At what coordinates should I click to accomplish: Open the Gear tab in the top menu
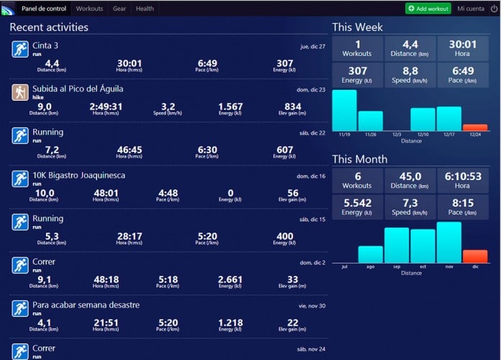tap(119, 9)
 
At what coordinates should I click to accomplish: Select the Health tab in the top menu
tap(145, 9)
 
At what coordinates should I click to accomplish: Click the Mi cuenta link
tap(471, 9)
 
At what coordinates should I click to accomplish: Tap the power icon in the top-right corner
tap(493, 9)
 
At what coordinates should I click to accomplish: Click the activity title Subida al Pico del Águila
tap(78, 89)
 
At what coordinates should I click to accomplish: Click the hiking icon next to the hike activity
tap(19, 92)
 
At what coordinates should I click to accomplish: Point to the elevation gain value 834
tap(293, 107)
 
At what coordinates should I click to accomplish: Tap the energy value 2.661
tap(230, 279)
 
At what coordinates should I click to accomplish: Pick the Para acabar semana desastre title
tap(86, 305)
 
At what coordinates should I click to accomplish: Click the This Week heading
tap(357, 27)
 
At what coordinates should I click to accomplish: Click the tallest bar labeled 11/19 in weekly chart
tap(344, 109)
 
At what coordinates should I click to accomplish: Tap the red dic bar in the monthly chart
tap(474, 256)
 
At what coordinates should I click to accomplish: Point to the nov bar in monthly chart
tap(448, 243)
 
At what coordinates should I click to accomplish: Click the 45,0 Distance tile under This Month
tap(410, 180)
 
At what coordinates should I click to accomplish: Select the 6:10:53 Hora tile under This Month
tap(463, 180)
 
